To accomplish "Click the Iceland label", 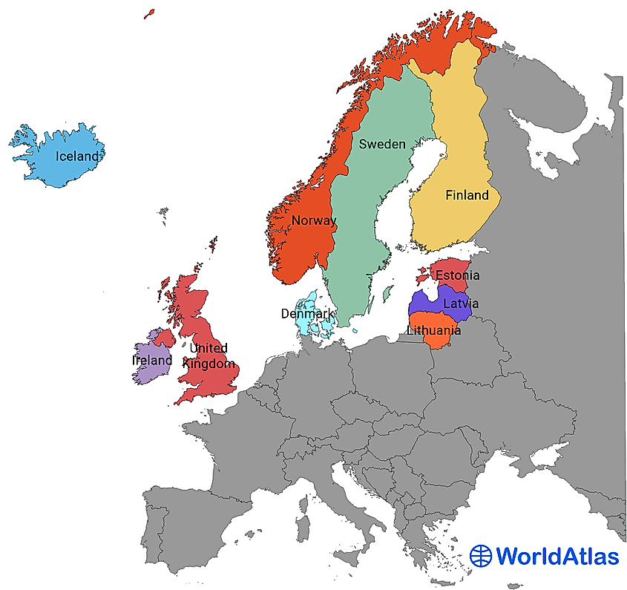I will tap(77, 157).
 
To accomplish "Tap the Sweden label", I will tap(382, 144).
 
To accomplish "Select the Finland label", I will tap(467, 195).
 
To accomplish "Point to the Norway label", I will tap(313, 220).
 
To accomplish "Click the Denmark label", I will tap(306, 314).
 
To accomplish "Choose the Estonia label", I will tap(457, 275).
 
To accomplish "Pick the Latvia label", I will tap(460, 304).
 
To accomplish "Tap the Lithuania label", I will tap(434, 330).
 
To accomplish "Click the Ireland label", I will tap(151, 360).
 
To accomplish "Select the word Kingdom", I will tap(210, 364).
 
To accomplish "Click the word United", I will tap(209, 348).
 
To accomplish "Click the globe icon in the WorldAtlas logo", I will tap(481, 555).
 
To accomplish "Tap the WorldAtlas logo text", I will tap(557, 555).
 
